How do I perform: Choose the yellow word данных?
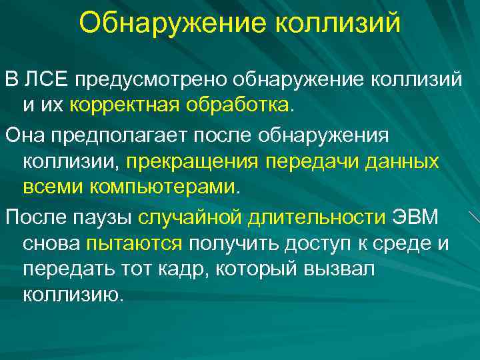click(x=400, y=161)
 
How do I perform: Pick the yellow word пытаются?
click(x=134, y=243)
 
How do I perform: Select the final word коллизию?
click(x=73, y=294)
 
